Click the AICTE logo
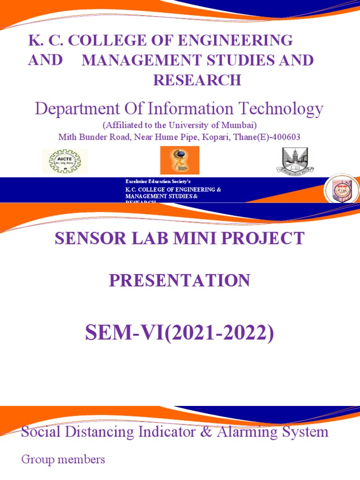[x=65, y=161]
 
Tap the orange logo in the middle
[x=180, y=160]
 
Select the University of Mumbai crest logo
[x=295, y=161]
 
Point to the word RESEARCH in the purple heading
[x=197, y=81]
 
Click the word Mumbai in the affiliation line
[x=239, y=126]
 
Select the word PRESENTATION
[x=180, y=280]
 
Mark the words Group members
[x=63, y=459]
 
